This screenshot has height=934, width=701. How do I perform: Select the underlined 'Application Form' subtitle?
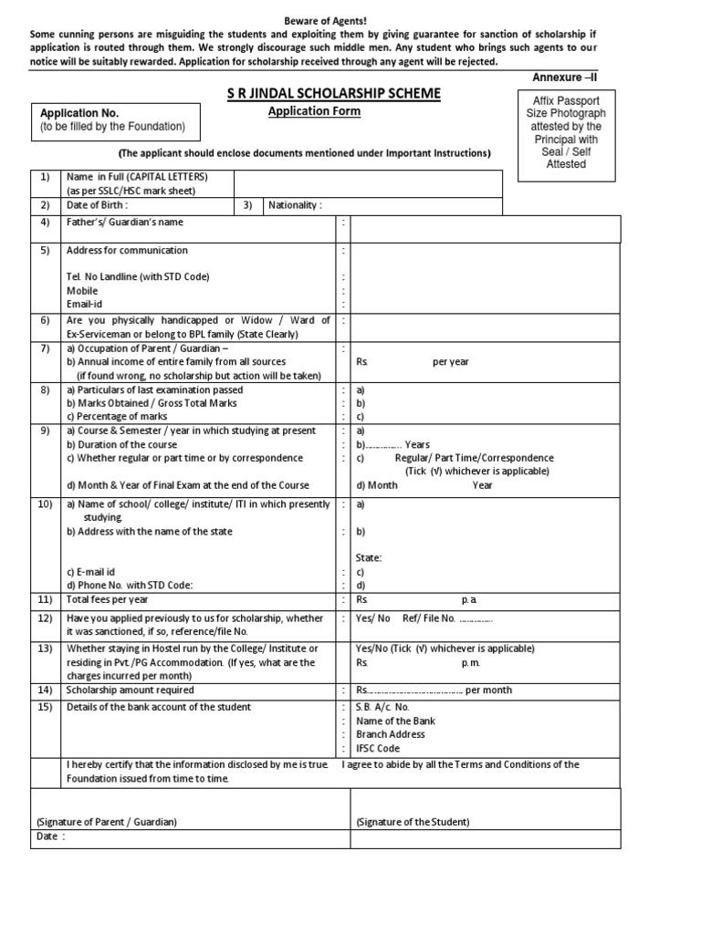click(313, 111)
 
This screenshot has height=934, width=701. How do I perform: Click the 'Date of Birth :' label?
click(103, 206)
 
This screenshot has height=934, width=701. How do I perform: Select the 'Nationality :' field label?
click(295, 206)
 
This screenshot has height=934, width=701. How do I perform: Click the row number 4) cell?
click(45, 223)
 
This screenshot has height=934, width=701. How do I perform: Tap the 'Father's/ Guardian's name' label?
click(125, 223)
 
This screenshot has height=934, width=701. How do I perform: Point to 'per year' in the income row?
click(450, 361)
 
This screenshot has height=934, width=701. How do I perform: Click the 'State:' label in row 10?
click(368, 557)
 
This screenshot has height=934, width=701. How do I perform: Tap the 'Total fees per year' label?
click(107, 600)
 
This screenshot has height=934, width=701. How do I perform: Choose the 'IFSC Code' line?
click(378, 748)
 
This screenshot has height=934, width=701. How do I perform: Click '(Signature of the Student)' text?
click(413, 822)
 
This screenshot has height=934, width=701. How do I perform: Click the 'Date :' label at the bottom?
click(51, 836)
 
